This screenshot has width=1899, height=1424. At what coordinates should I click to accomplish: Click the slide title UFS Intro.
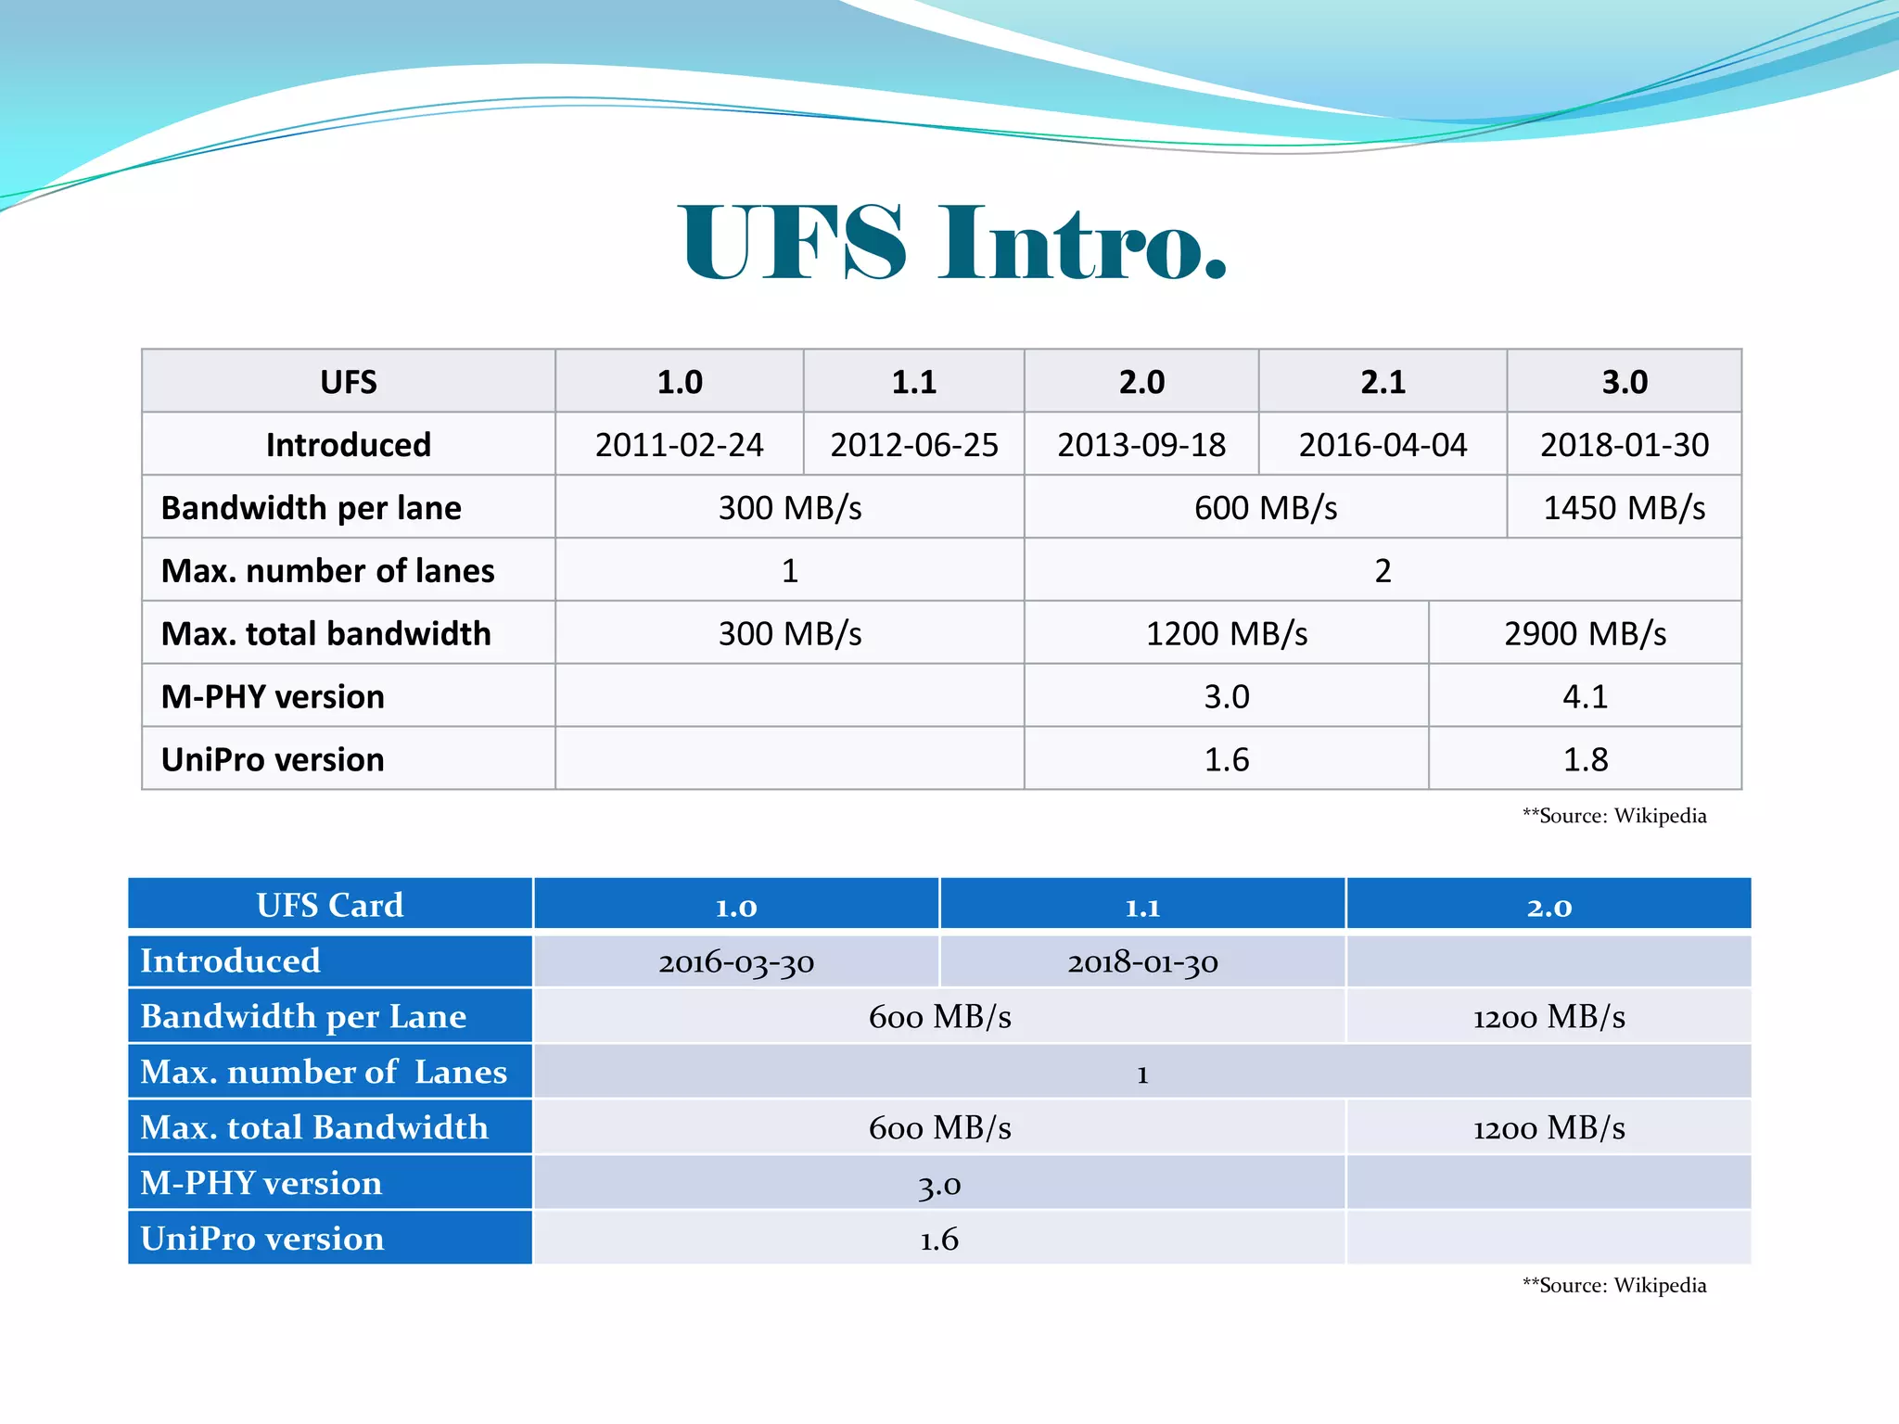pos(953,243)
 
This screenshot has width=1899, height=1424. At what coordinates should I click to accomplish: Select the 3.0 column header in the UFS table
pos(1624,382)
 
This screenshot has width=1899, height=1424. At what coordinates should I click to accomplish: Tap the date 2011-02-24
pos(679,445)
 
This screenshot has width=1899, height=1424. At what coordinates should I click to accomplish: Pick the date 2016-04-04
pos(1382,445)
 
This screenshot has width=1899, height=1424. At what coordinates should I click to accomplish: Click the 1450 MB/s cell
pos(1624,508)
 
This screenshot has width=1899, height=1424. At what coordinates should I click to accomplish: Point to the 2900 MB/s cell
pos(1585,634)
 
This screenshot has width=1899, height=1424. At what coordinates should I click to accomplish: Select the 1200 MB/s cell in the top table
pos(1226,634)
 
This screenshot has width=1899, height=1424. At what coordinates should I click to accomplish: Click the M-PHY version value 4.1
pos(1585,696)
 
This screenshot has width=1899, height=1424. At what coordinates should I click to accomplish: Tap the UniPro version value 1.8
pos(1585,760)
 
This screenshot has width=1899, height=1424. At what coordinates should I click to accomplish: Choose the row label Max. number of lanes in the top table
pos(327,571)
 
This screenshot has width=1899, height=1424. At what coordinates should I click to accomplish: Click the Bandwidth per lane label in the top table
pos(311,508)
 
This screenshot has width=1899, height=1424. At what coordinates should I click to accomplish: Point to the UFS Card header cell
pos(330,905)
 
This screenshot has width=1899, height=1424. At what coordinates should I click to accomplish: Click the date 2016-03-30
pos(736,962)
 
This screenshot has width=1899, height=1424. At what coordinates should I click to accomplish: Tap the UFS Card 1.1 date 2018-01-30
pos(1142,962)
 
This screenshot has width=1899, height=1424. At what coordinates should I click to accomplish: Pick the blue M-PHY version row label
pos(261,1183)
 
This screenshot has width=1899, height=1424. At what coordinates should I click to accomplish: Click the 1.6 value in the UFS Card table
pos(938,1240)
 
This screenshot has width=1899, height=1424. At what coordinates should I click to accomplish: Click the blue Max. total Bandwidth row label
pos(314,1127)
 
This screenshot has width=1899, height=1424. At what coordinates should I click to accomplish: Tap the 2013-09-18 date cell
pos(1141,445)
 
